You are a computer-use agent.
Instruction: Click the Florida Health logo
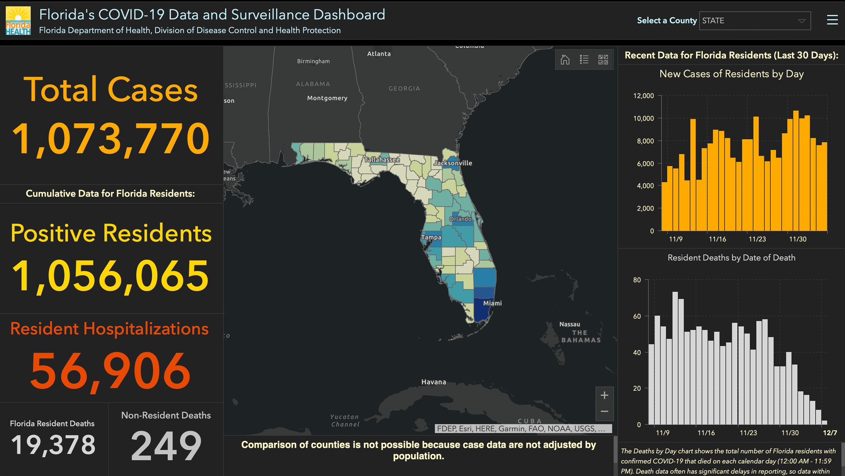tap(18, 20)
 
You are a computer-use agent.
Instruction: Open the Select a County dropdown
tap(755, 21)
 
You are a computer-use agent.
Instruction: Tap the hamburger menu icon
tap(832, 20)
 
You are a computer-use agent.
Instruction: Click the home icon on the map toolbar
tap(565, 59)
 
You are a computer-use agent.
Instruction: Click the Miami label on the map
tap(492, 303)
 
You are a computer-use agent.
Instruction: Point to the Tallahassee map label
tap(382, 160)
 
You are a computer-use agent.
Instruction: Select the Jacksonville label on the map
tap(453, 163)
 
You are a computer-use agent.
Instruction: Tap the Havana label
tap(434, 382)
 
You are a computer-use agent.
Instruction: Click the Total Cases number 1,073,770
tap(111, 138)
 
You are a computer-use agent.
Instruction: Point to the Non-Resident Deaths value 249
tap(166, 446)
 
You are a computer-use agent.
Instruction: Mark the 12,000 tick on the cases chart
tap(643, 96)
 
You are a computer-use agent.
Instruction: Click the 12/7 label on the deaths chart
tap(830, 433)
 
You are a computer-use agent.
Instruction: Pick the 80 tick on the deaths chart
tap(637, 280)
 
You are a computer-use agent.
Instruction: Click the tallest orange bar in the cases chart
tap(795, 171)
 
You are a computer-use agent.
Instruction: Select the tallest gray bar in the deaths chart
tap(675, 358)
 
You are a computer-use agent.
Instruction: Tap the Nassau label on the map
tap(570, 324)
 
